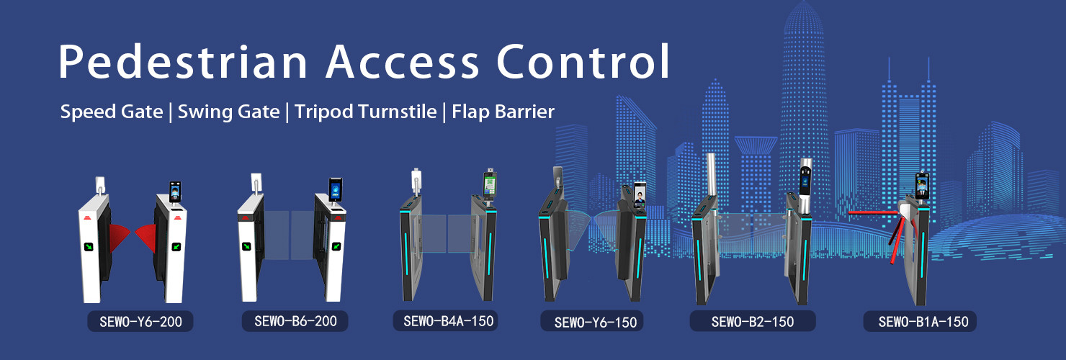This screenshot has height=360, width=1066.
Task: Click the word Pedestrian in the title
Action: pos(183,62)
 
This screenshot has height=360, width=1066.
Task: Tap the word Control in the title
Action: pos(583,61)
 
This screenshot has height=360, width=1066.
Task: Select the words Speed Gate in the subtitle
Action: pos(112,112)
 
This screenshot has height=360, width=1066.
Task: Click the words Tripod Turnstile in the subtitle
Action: pos(365,112)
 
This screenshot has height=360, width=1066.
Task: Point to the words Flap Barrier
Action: pos(503,112)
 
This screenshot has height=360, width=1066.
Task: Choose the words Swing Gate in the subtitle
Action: pos(228,112)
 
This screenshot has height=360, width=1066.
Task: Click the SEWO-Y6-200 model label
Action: pos(140,321)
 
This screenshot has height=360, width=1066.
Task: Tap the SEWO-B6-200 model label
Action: pos(295,321)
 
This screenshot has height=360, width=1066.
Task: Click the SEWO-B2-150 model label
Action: pos(753,321)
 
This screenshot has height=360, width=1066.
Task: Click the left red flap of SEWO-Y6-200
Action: pos(119,236)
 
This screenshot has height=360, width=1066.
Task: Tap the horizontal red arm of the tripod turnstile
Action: pos(873,212)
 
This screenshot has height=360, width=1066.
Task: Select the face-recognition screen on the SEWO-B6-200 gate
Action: pos(336,189)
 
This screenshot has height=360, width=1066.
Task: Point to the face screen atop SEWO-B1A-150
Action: pos(922,186)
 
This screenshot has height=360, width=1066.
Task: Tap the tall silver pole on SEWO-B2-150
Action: pos(712,174)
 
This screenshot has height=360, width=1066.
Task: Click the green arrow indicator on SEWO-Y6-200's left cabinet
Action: pos(89,247)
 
